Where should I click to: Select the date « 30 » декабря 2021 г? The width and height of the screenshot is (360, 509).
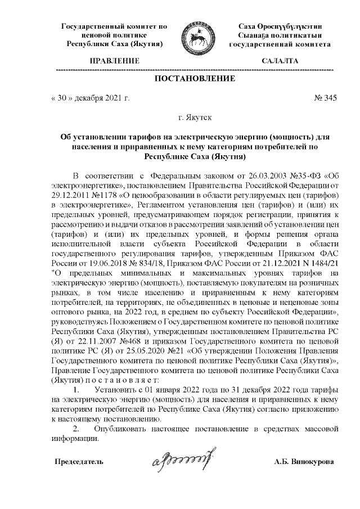pyautogui.click(x=89, y=98)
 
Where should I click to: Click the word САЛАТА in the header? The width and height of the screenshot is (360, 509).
pyautogui.click(x=280, y=61)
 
